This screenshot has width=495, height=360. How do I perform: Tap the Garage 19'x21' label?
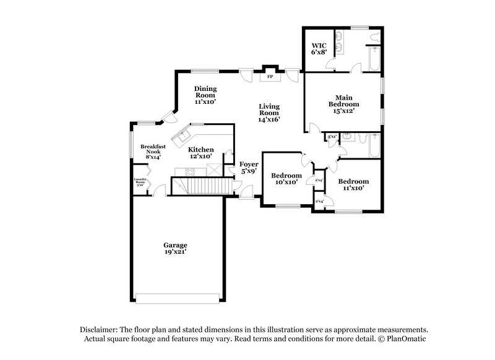(x=175, y=249)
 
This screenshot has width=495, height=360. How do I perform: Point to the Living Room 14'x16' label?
(x=269, y=113)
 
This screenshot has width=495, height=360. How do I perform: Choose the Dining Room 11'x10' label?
(x=205, y=95)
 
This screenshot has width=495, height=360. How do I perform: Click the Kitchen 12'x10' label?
(x=201, y=153)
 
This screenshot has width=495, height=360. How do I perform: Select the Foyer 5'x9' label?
(x=249, y=168)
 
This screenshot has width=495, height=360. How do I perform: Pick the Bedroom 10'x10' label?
(x=286, y=179)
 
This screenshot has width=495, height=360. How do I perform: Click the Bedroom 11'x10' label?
(x=353, y=184)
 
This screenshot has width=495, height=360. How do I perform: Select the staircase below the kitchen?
(x=202, y=186)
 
